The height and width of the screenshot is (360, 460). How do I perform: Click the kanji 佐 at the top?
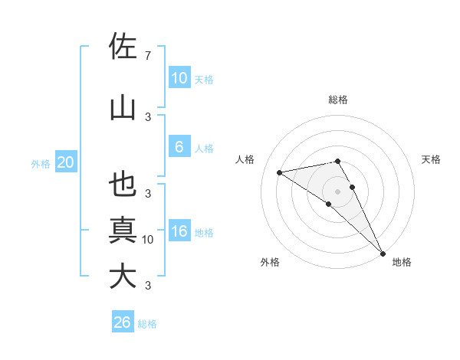coord(123,47)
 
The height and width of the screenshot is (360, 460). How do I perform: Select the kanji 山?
coord(123,108)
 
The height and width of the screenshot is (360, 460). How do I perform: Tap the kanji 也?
coord(123,185)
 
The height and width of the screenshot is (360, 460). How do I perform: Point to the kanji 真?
coord(123,231)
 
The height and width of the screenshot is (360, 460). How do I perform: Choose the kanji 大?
coord(123,277)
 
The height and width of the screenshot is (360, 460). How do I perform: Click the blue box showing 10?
coord(179,78)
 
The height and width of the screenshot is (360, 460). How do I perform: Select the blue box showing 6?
coord(179,147)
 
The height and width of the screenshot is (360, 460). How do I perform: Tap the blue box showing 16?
coord(179,232)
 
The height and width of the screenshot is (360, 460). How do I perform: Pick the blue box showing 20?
coord(65,162)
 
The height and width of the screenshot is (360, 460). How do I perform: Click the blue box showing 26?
coord(123,322)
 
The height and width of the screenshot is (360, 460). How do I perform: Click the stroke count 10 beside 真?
coord(148,240)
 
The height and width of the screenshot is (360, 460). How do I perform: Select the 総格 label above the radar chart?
coord(338,100)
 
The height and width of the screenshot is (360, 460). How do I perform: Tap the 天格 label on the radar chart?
coord(431,159)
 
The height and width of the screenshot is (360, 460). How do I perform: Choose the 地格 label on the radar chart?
coord(402,262)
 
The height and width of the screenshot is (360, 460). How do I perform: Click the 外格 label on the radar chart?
coord(270,262)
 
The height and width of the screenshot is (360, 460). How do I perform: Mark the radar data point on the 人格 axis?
coord(280,172)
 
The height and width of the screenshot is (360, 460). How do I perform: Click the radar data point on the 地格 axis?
coord(383,252)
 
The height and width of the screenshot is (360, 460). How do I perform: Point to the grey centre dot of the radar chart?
coord(337,191)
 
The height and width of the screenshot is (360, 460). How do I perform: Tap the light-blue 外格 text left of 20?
coord(40,163)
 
